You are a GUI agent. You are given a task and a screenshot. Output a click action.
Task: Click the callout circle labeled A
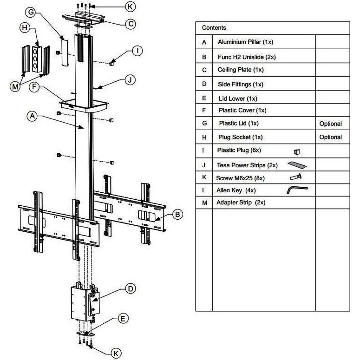32,117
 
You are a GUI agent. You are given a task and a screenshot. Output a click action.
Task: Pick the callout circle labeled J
131,80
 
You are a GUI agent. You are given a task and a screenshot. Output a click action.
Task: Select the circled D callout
131,288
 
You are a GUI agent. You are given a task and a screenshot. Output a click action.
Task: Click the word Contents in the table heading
214,28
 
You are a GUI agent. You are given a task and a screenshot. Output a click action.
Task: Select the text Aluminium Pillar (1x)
245,42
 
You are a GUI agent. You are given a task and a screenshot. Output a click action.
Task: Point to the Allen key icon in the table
297,190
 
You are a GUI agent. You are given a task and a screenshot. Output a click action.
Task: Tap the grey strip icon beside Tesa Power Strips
297,164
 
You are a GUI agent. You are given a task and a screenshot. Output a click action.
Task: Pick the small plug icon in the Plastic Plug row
297,151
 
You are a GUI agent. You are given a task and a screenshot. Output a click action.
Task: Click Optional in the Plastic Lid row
330,124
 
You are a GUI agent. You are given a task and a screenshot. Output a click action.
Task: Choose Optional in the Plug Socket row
330,137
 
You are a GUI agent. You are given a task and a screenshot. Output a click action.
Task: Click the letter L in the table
204,190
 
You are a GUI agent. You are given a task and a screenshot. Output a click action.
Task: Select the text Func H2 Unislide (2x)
248,57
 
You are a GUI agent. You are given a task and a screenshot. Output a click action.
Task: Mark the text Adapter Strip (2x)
241,203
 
